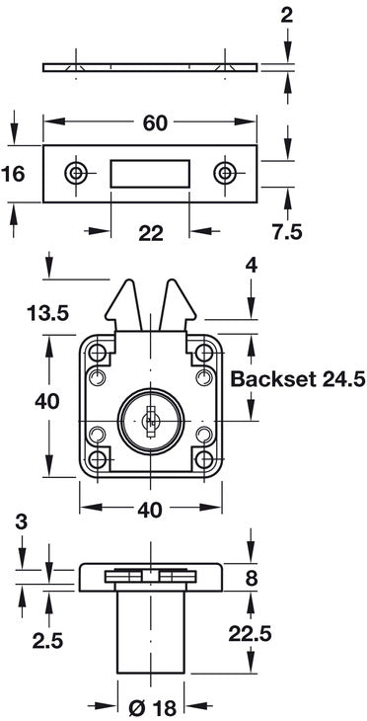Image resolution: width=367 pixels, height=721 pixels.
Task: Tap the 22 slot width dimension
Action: click(x=150, y=233)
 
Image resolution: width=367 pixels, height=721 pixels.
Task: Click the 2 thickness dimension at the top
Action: click(x=286, y=14)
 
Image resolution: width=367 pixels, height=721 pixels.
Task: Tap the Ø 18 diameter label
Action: click(x=152, y=706)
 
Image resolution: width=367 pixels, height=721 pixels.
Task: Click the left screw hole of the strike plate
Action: click(x=75, y=174)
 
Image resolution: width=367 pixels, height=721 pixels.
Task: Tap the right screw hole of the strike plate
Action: click(x=226, y=174)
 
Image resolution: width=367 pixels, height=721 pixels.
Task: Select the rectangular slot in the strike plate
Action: click(x=150, y=174)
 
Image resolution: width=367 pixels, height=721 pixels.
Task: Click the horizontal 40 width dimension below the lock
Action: click(x=150, y=511)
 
